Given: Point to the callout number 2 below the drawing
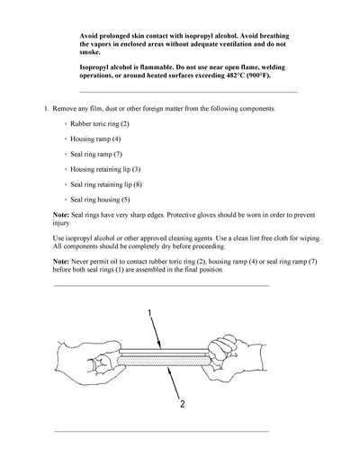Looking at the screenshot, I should pos(181,404).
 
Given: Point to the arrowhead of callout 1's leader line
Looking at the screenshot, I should pos(159,347).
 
